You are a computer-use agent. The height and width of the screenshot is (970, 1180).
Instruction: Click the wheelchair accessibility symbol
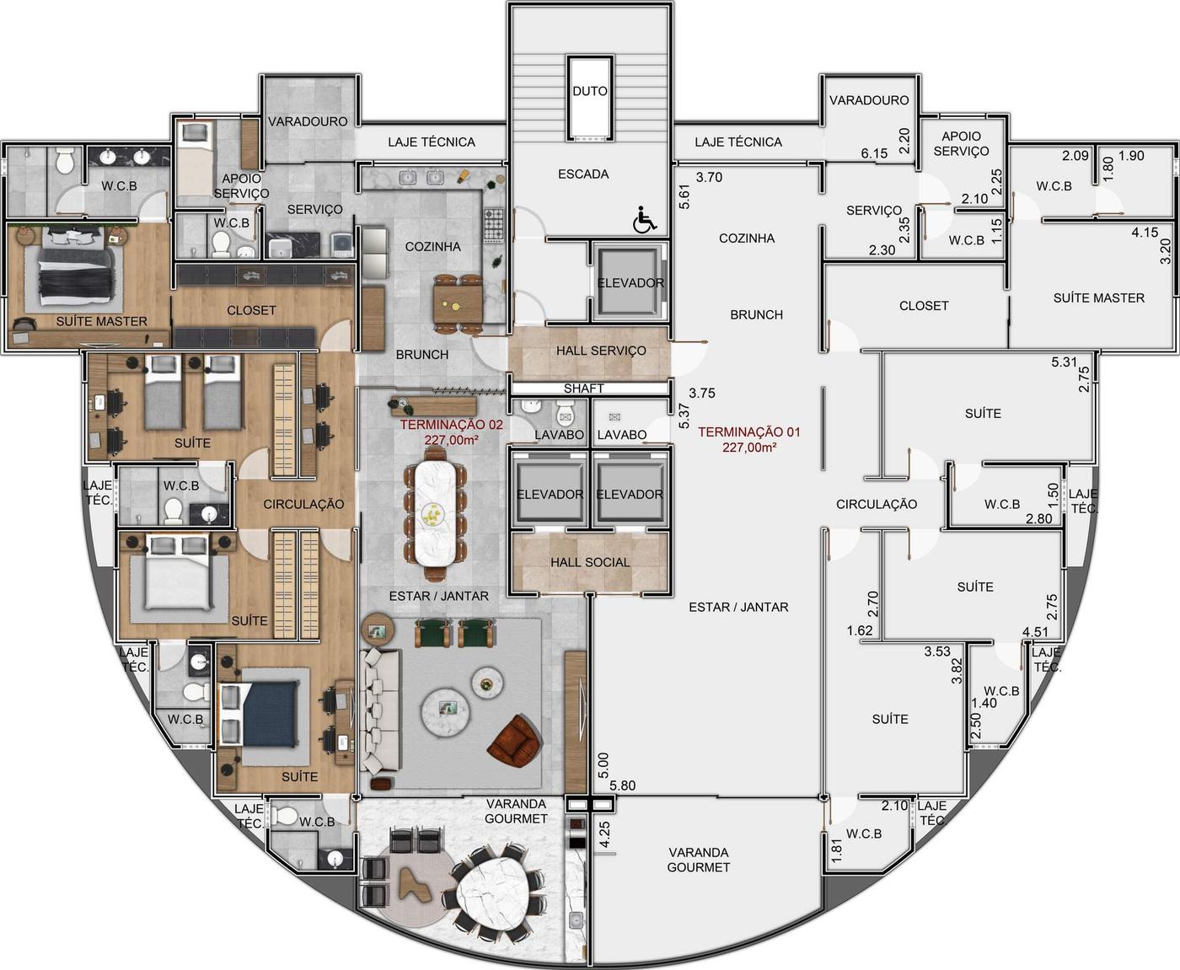(644, 220)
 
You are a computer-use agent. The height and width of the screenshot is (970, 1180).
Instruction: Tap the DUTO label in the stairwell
(590, 91)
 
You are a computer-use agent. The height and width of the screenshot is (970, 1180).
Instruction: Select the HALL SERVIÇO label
(601, 351)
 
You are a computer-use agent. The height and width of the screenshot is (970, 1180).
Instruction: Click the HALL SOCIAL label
(590, 562)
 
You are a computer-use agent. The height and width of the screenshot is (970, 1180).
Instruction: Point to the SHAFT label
(583, 389)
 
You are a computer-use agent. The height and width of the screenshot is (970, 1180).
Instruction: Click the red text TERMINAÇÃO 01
(749, 431)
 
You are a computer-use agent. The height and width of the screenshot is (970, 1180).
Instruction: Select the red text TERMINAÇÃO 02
(451, 425)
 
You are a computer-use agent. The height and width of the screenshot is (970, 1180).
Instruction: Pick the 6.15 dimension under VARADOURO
(874, 153)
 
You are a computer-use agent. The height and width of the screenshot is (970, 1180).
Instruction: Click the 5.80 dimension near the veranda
(622, 785)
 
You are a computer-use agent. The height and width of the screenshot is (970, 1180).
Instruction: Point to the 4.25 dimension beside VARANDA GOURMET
(604, 834)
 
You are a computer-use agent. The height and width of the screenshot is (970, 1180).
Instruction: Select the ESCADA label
(583, 174)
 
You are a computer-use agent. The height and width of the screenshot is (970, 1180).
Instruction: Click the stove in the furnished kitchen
(493, 225)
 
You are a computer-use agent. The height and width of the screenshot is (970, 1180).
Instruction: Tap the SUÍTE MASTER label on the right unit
(1099, 298)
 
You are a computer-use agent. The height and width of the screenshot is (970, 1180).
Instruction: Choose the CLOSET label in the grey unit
(924, 305)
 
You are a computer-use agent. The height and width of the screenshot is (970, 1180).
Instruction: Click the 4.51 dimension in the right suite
(1035, 632)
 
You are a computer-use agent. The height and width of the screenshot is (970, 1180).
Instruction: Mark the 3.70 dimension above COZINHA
(709, 177)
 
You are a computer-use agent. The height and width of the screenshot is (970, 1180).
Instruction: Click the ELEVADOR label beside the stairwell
(630, 283)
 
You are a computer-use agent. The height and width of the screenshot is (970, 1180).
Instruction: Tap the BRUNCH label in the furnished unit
(422, 355)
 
